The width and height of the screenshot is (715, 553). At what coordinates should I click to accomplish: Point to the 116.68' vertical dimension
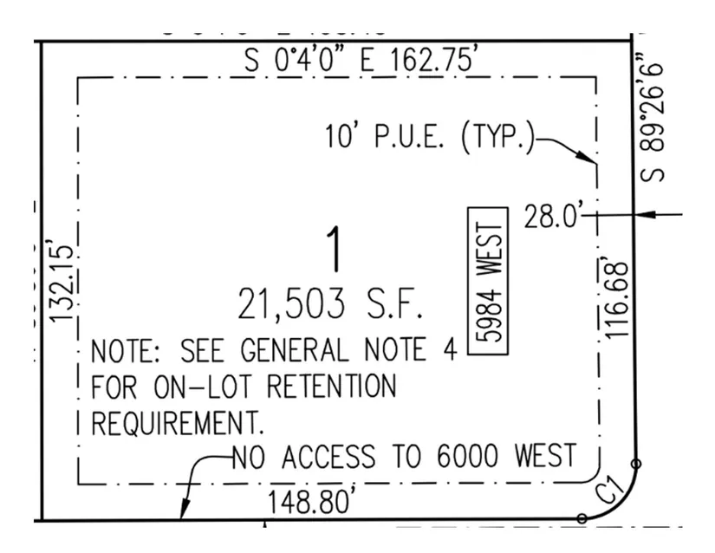pos(616,297)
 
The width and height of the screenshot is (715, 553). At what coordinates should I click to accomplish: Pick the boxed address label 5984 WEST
pos(487,280)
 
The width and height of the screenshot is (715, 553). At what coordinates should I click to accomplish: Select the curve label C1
pos(611,491)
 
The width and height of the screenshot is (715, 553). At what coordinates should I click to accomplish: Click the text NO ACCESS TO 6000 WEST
pos(403,455)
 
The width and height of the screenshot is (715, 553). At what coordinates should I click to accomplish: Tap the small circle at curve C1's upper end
pos(636,464)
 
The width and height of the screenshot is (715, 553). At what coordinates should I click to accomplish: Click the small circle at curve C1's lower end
pos(582,518)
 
